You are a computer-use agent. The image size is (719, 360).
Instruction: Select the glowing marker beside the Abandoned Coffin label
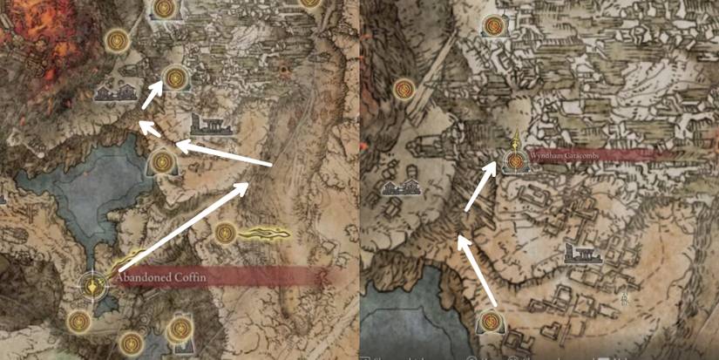point(92,284)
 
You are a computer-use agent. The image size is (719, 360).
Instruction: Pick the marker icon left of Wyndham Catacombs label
point(516,160)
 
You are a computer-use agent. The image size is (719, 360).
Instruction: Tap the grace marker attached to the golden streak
point(226,233)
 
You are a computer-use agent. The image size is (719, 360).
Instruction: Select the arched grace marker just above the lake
point(163,161)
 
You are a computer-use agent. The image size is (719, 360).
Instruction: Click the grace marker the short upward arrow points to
point(177,78)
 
